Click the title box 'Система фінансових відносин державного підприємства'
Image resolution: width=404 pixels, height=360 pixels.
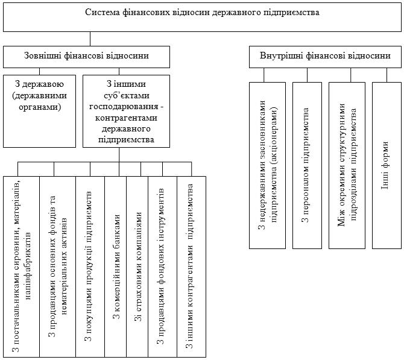pyautogui.click(x=202, y=16)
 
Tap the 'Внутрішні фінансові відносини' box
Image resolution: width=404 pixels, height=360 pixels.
pyautogui.click(x=324, y=57)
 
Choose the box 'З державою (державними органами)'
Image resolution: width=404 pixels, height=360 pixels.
pyautogui.click(x=40, y=110)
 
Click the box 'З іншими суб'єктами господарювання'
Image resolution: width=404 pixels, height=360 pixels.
pyautogui.click(x=119, y=110)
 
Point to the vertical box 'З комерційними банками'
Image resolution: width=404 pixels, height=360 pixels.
pyautogui.click(x=116, y=265)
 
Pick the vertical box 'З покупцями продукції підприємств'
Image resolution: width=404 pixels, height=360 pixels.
pyautogui.click(x=90, y=265)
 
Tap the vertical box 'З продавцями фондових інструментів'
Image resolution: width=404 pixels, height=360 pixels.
pyautogui.click(x=161, y=265)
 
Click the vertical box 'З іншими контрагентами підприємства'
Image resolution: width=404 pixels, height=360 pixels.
pyautogui.click(x=191, y=265)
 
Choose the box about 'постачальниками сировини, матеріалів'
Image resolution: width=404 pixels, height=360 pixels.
pyautogui.click(x=22, y=265)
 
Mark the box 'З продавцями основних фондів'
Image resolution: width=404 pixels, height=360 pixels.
pyautogui.click(x=58, y=265)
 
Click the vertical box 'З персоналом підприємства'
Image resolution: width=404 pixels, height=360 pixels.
pyautogui.click(x=306, y=164)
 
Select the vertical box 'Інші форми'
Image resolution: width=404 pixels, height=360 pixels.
pyautogui.click(x=387, y=164)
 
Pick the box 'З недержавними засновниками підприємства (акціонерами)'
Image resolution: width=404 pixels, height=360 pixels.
pyautogui.click(x=269, y=164)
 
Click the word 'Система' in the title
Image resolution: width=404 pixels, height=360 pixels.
pyautogui.click(x=102, y=12)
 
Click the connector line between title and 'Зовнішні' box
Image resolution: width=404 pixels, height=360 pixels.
pyautogui.click(x=90, y=39)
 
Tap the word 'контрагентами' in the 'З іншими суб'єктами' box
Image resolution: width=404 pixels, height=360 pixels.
pyautogui.click(x=119, y=119)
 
